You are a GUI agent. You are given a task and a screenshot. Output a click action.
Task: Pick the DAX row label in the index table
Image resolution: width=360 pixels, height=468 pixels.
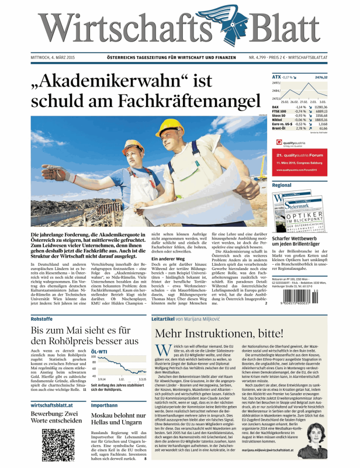pos(275,108)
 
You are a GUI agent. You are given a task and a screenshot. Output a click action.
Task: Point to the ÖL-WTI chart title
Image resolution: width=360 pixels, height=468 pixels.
pos(102,352)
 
